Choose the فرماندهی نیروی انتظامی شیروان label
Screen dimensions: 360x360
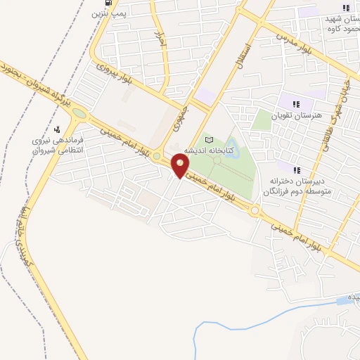pos(58,146)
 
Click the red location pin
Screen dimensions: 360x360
pos(181,167)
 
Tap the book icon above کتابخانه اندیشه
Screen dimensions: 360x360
pos(208,140)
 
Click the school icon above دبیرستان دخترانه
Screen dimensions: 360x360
pos(297,169)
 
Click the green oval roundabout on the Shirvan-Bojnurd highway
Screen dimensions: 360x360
pos(78,112)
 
